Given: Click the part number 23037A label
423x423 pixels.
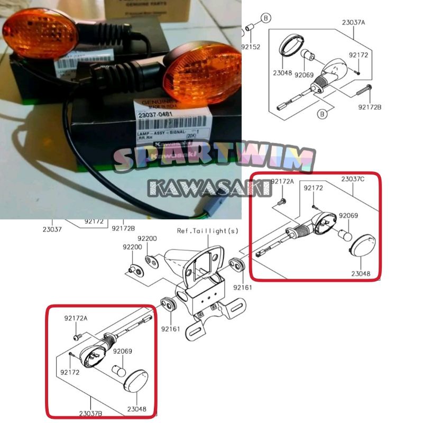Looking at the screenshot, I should coord(353,23).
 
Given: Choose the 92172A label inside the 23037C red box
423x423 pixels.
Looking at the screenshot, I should coord(281,182).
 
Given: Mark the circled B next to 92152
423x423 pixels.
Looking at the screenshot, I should coord(266,18).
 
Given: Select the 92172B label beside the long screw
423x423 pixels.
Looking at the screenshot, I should coord(370,107).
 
